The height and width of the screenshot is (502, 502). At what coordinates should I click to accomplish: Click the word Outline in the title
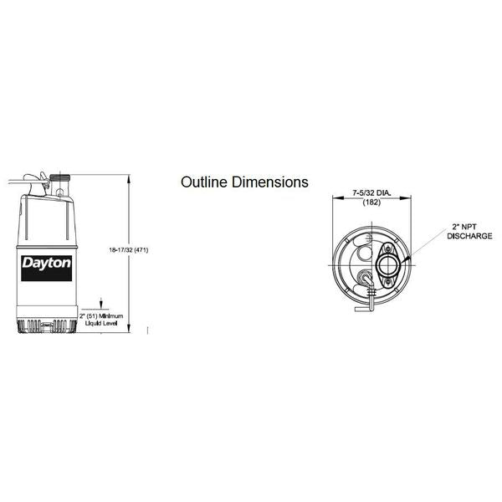205,182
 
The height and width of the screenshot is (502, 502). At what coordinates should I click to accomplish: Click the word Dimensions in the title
270,182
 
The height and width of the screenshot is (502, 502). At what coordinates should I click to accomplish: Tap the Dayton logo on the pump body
46,269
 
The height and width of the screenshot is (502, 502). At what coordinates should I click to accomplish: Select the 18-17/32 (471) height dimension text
129,250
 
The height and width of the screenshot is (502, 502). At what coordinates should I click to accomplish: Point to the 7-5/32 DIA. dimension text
371,193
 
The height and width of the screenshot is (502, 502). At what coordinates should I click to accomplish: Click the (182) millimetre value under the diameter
371,202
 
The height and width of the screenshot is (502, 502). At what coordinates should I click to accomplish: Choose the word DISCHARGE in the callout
469,236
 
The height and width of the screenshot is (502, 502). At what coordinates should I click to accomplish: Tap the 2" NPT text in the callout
464,227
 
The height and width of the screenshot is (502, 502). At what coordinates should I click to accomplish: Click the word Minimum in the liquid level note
110,316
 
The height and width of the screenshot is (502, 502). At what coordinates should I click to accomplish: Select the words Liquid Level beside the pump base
101,323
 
